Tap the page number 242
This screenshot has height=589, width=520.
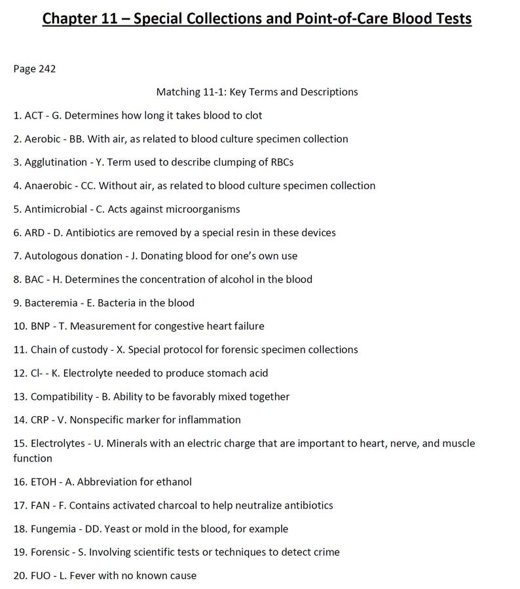click(x=46, y=69)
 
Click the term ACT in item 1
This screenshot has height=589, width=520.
click(x=33, y=115)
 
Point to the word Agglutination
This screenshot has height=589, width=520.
click(x=54, y=162)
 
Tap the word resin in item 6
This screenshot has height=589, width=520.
click(x=254, y=232)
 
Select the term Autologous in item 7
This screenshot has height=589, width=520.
click(x=51, y=256)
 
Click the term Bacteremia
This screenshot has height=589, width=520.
click(x=49, y=302)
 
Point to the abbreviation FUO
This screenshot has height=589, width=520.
click(x=41, y=576)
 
